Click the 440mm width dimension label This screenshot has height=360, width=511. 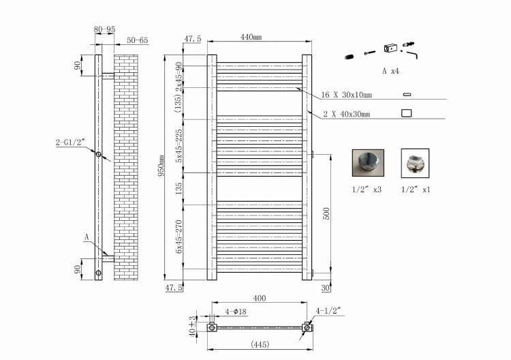point(251,37)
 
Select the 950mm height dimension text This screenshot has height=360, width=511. point(161,166)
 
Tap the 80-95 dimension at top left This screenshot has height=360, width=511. point(105,29)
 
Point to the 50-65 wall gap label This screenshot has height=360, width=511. point(137,40)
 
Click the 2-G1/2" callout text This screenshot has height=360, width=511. point(70,142)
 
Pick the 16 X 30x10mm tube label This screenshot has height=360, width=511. point(346,95)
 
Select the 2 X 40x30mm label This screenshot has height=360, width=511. point(346,114)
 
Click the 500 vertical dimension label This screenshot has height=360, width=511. point(326,213)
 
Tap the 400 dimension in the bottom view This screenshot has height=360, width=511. point(260,298)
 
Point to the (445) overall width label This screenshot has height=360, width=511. point(260,344)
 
